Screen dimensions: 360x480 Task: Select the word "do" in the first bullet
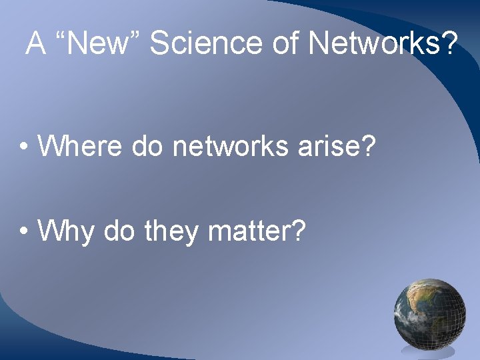pyautogui.click(x=147, y=145)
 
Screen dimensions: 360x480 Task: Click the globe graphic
pyautogui.click(x=429, y=314)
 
